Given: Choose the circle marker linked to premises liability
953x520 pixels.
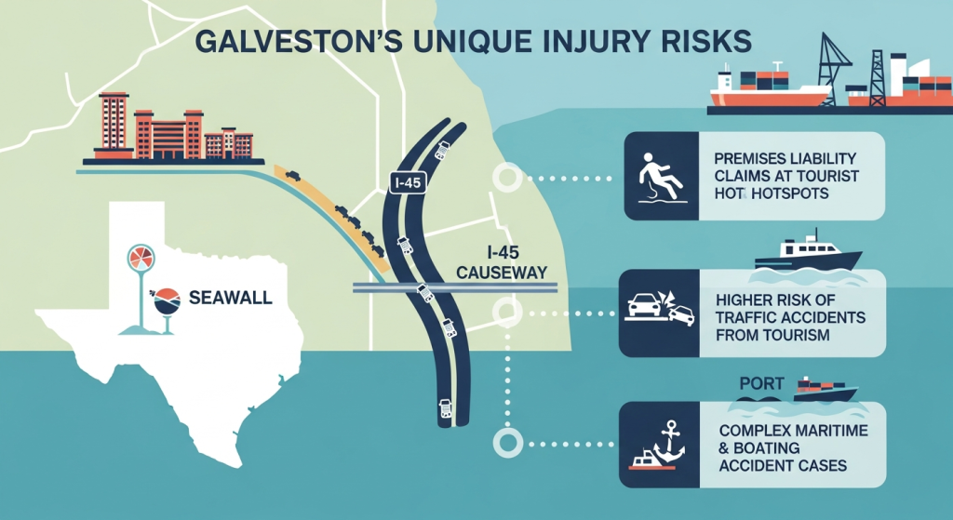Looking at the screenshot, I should tap(507, 178).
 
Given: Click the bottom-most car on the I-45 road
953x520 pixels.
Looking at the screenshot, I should tap(443, 406).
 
